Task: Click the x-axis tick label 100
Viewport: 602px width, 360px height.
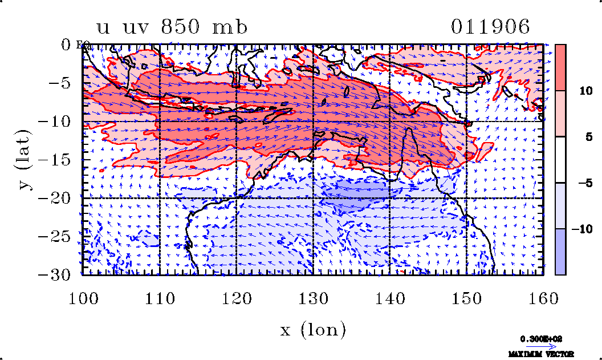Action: [x=83, y=297]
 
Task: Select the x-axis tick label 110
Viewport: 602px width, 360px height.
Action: [x=159, y=297]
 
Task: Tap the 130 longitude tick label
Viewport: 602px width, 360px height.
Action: [x=313, y=297]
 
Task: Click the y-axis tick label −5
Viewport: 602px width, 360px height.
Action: [x=62, y=83]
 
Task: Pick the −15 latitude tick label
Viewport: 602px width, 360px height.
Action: [x=57, y=160]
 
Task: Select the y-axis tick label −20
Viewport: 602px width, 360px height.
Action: [x=57, y=199]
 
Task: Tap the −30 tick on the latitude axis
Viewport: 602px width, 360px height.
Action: [x=57, y=275]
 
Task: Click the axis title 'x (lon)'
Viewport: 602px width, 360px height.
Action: [x=313, y=329]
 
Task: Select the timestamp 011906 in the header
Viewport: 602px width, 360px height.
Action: [x=490, y=27]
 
